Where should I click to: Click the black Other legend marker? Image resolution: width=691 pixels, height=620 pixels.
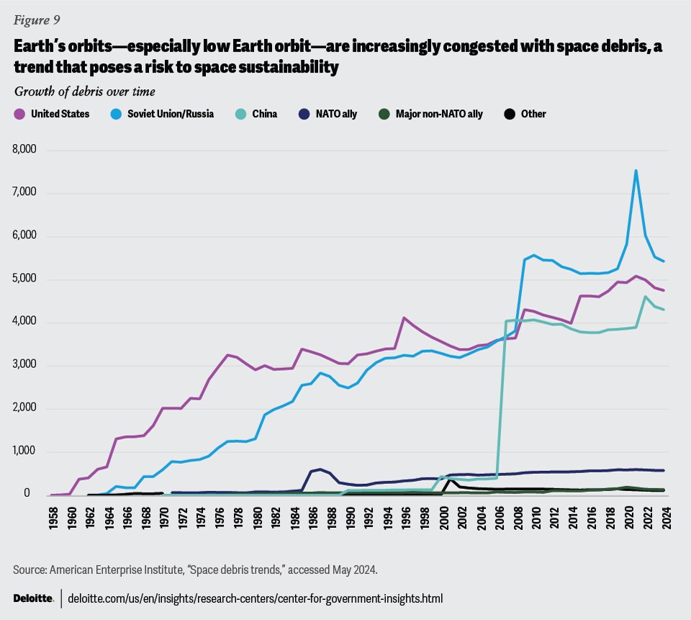coord(510,114)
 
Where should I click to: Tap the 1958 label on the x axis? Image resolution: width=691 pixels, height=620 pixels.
coord(55,518)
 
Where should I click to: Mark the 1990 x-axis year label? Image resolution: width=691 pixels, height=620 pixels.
coord(350,518)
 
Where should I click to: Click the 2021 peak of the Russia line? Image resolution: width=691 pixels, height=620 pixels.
coord(636,171)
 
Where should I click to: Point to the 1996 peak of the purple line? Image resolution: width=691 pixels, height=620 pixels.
coord(405,318)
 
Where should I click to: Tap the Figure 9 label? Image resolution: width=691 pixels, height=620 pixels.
coord(37,19)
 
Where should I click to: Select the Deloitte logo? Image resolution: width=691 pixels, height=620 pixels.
coord(33,598)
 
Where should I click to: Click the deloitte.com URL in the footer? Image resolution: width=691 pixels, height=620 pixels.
coord(256,598)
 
